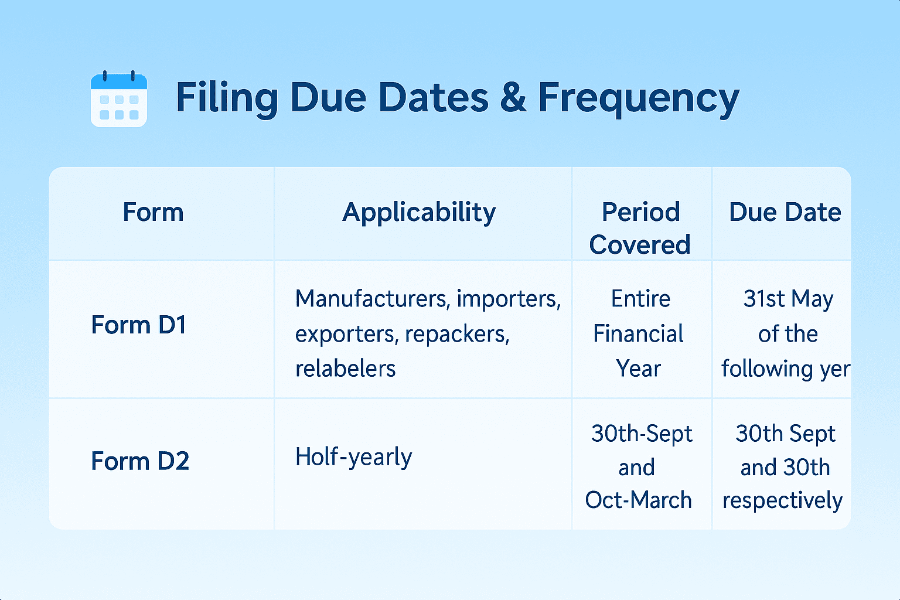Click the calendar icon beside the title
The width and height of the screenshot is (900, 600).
coord(119,99)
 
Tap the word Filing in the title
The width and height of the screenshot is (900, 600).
coord(227,98)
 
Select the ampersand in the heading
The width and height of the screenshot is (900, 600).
coord(513,97)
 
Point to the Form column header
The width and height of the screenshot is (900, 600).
coord(153,212)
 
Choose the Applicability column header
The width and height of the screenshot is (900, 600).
coord(419,213)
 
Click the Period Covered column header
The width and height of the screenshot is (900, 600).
coord(640,228)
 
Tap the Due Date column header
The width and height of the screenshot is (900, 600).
coord(785,212)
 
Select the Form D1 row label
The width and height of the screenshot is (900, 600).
coord(139,325)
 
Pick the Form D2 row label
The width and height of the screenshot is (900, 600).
coord(140,461)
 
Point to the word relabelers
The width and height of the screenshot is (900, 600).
coord(346,369)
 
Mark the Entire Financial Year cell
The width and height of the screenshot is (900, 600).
coord(639,333)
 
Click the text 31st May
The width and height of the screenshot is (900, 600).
coord(788,299)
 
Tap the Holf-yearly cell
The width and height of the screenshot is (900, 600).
coord(353,457)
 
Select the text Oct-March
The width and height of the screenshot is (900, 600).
coord(639,500)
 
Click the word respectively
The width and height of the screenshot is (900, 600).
coord(782,501)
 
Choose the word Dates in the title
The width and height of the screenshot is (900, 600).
coord(434,97)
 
